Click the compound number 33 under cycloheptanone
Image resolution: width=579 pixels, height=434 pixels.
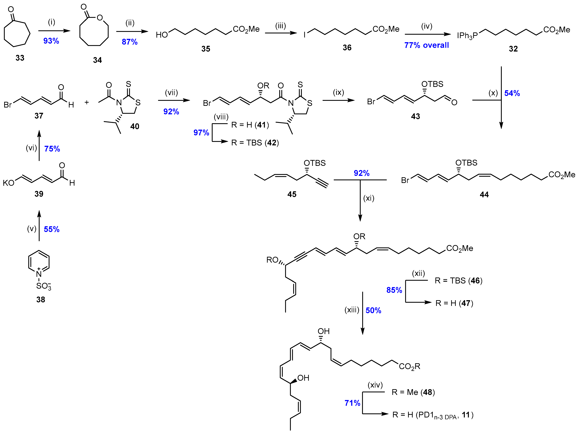point(20,58)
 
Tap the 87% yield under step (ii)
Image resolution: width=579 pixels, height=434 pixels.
point(130,42)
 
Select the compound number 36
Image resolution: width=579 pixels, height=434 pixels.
point(347,48)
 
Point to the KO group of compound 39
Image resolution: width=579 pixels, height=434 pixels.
point(8,183)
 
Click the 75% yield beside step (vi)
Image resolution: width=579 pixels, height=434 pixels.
point(52,149)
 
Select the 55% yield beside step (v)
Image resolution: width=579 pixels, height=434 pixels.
point(52,229)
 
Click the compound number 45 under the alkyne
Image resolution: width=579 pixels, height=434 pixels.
point(292,194)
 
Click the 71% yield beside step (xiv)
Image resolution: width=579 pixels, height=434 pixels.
point(352,403)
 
